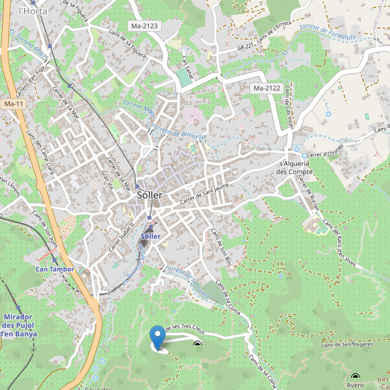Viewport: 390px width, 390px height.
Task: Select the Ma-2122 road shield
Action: tap(266, 88)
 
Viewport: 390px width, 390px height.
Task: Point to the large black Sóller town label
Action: tap(149, 195)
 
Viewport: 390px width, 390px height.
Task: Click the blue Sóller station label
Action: tap(150, 235)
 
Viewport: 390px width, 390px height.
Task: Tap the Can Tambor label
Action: tap(55, 268)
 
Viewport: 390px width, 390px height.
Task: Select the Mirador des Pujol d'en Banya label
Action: tap(19, 325)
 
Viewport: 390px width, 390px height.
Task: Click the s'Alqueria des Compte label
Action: tap(295, 168)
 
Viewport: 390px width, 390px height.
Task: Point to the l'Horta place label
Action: tap(29, 11)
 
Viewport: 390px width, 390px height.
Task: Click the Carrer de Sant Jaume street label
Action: tap(205, 196)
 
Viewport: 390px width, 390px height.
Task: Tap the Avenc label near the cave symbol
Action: tap(356, 384)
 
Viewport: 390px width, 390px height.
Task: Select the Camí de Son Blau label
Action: tap(221, 248)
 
